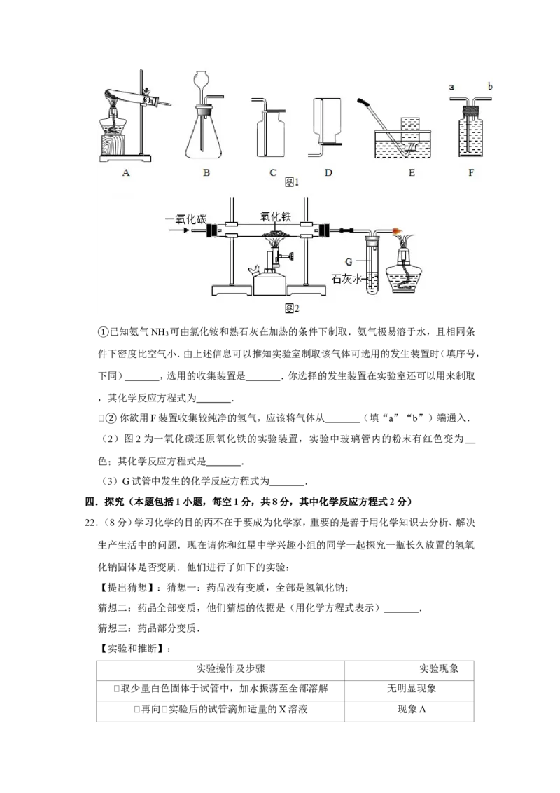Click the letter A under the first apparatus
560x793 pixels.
point(126,172)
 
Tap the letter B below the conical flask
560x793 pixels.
point(206,172)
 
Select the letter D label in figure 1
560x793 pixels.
point(328,172)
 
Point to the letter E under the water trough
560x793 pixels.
point(412,172)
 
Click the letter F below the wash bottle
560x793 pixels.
point(471,172)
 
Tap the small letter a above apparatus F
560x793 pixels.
point(451,87)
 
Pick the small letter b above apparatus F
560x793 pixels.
point(490,86)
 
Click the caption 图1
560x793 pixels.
point(292,181)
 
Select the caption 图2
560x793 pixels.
point(292,308)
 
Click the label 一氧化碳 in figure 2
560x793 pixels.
point(186,219)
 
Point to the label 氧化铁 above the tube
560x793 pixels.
point(276,216)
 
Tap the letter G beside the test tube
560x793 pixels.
point(349,261)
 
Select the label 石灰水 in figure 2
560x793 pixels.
point(346,279)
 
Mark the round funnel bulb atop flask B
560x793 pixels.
point(201,79)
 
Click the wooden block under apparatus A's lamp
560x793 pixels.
point(115,144)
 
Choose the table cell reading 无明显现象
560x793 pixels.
point(412,689)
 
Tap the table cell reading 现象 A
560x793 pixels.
point(412,709)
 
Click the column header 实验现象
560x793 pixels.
point(439,668)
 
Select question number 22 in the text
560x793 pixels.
point(91,523)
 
